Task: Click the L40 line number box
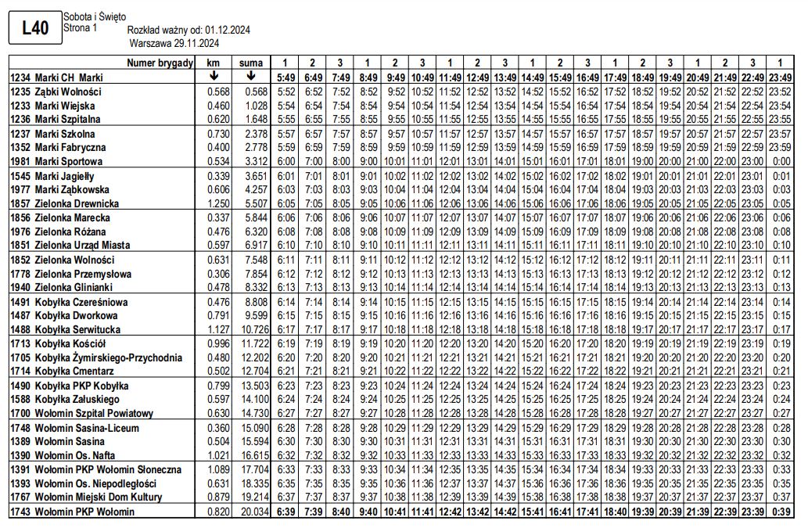pyautogui.click(x=34, y=29)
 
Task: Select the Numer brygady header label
pyautogui.click(x=160, y=63)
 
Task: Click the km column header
pyautogui.click(x=213, y=63)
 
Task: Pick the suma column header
pyautogui.click(x=251, y=63)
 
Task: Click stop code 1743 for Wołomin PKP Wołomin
pyautogui.click(x=20, y=512)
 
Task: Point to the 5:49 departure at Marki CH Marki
pyautogui.click(x=285, y=77)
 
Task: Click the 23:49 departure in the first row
pyautogui.click(x=779, y=77)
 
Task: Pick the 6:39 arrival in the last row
pyautogui.click(x=285, y=512)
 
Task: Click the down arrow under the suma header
pyautogui.click(x=251, y=77)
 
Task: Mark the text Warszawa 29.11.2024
pyautogui.click(x=174, y=42)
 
